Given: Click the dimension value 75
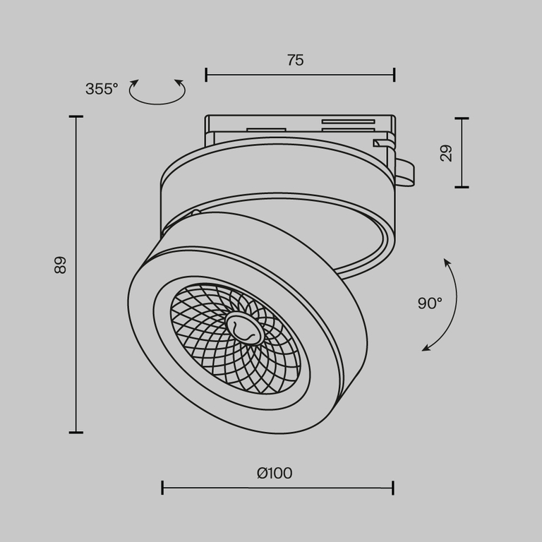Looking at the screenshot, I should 295,61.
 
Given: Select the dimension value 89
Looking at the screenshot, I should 60,265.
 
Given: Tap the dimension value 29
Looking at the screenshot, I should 446,153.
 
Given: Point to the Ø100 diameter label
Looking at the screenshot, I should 275,473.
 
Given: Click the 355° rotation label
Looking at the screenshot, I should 102,90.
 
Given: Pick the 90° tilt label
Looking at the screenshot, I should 429,303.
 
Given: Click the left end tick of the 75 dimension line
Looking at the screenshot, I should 206,74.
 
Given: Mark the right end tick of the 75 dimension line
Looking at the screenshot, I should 394,74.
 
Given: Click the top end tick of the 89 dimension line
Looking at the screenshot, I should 76,116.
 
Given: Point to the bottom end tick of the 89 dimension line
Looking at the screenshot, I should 76,432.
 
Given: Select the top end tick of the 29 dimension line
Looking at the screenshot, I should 462,118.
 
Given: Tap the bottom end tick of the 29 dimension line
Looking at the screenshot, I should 462,187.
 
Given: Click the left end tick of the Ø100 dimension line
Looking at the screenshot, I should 162,488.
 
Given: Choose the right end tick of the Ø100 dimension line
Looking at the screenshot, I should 393,488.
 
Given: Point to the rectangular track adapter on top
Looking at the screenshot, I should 296,128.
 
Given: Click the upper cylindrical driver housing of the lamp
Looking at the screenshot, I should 275,176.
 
